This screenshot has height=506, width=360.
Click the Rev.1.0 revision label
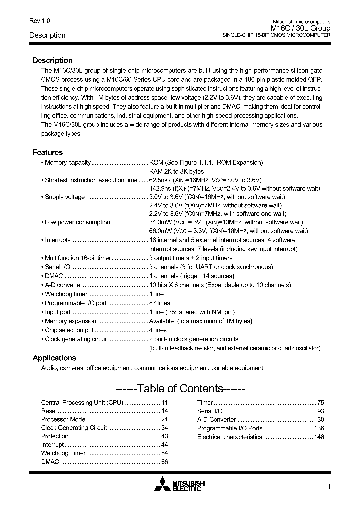39,21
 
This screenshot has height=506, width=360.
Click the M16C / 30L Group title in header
301,29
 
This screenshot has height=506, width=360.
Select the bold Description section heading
52,60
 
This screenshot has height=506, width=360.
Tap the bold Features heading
48,152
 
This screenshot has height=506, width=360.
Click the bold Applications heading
54,358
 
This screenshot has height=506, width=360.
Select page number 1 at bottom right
328,487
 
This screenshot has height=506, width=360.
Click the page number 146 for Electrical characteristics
319,437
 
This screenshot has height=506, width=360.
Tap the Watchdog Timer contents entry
63,453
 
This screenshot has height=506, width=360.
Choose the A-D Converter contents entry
216,420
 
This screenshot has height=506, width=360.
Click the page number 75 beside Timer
321,402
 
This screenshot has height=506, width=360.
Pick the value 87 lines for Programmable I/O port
160,303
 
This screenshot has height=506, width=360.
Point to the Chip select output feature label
69,330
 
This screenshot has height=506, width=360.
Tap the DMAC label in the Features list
54,276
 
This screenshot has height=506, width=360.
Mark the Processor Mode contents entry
63,420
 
